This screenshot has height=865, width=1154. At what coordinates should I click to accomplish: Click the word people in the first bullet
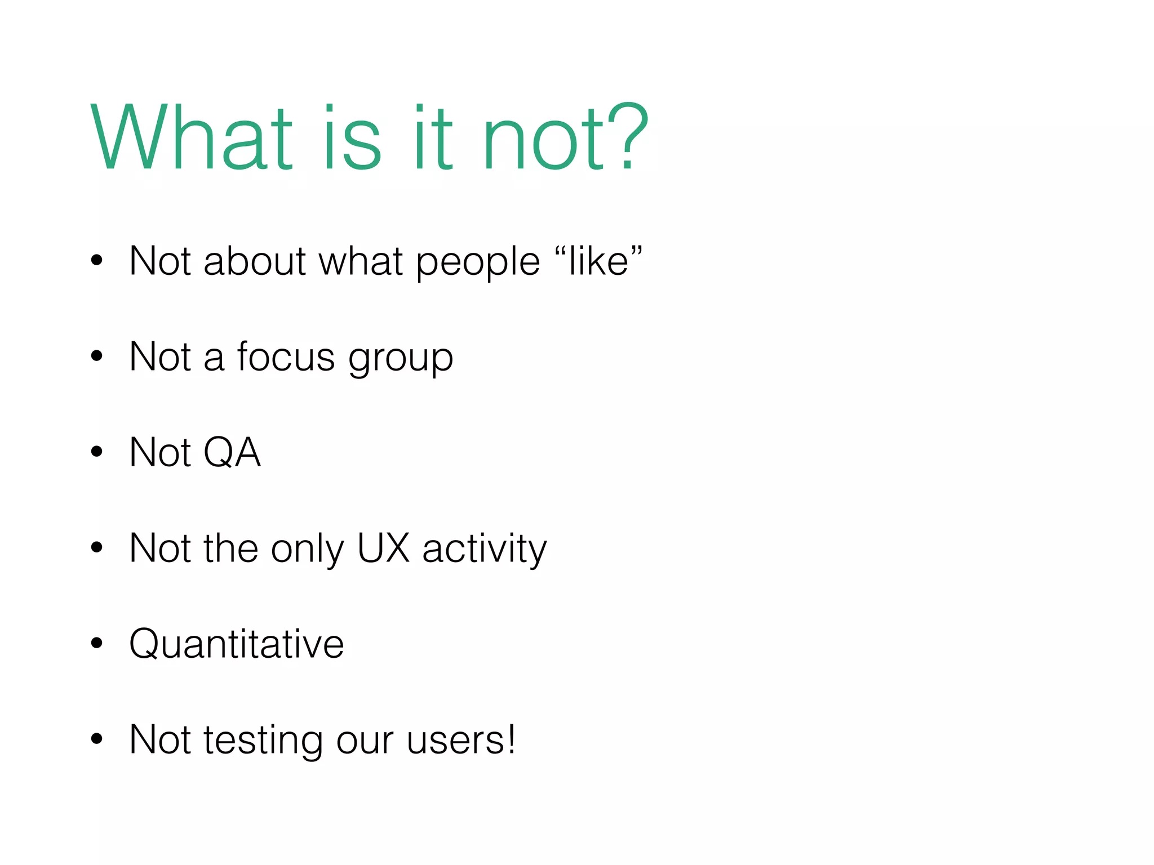[x=478, y=263]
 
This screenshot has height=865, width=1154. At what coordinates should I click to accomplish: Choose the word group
[x=401, y=359]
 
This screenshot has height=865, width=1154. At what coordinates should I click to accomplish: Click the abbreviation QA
[x=232, y=452]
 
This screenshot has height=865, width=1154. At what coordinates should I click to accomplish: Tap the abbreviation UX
[x=383, y=548]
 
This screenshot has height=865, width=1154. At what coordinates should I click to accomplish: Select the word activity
[x=485, y=549]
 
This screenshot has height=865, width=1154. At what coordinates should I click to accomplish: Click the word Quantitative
[x=236, y=644]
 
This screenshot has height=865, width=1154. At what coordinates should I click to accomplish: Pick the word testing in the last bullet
[x=263, y=741]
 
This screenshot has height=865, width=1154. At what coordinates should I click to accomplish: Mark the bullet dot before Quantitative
[x=97, y=643]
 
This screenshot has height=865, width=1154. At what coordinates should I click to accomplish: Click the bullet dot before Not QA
[x=97, y=451]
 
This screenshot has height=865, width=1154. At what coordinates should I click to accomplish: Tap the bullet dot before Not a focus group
[x=97, y=355]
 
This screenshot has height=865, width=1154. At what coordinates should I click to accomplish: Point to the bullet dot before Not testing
[x=97, y=738]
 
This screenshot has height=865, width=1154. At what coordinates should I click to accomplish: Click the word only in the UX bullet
[x=307, y=549]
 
